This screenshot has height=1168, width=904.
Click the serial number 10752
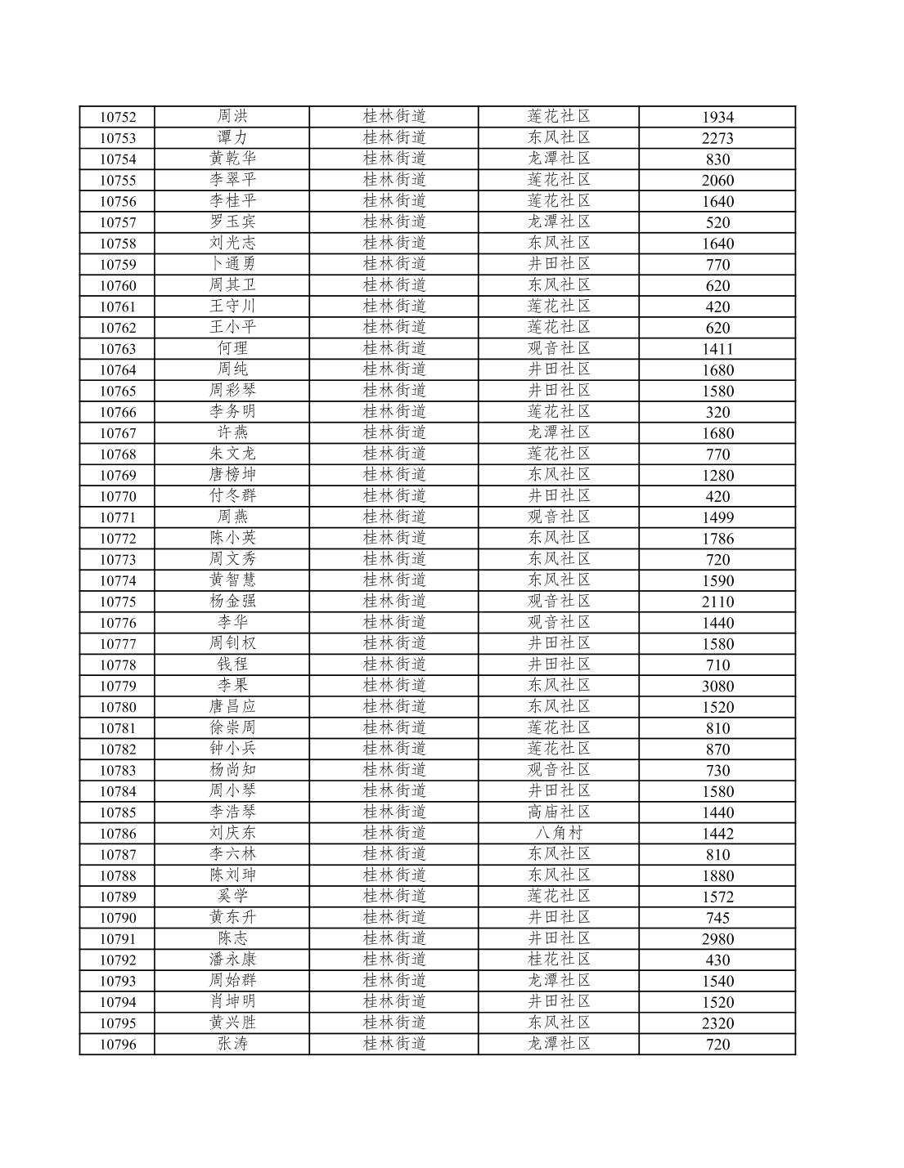[x=118, y=117]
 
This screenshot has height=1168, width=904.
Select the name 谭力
[x=232, y=137]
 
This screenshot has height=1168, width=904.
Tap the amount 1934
[x=717, y=117]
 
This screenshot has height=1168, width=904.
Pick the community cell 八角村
[x=559, y=833]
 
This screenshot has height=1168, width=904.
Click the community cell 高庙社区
[x=559, y=812]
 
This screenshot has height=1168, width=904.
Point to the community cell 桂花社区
[x=559, y=960]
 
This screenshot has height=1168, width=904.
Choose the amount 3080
[x=717, y=686]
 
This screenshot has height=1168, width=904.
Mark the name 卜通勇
[x=232, y=264]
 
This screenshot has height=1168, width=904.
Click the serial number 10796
[x=118, y=1044]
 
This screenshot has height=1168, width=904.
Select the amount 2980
[x=717, y=938]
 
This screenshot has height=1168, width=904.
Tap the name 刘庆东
[x=232, y=833]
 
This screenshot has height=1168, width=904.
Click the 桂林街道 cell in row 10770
[x=394, y=496]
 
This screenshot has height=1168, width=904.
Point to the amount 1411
[x=717, y=348]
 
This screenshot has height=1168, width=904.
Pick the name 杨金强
[x=232, y=602]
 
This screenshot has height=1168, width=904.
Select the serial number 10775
[x=118, y=602]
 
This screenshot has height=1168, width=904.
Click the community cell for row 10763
[x=559, y=348]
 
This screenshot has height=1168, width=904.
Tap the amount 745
[x=717, y=917]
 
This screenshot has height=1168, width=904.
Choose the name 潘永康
[x=232, y=960]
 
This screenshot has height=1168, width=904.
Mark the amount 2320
[x=717, y=1023]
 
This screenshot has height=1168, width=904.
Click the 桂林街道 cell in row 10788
[x=394, y=875]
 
